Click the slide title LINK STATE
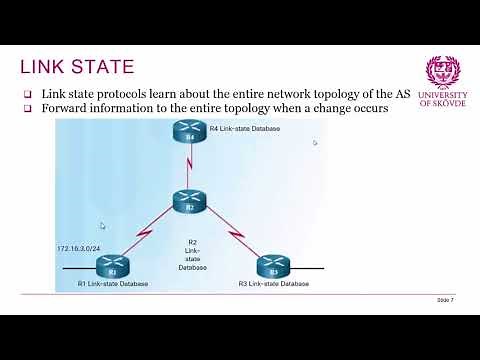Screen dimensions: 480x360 coord(77,67)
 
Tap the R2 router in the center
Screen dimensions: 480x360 coord(188,201)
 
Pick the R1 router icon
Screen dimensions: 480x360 coord(112,267)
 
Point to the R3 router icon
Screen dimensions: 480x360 coord(267,267)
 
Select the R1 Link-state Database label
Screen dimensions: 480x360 coord(113,285)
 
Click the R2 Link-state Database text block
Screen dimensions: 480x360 coord(192,254)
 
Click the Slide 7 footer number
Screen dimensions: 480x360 coord(445,299)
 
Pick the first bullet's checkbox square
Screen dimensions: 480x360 coord(29,94)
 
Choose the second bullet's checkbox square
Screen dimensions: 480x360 coord(29,108)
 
